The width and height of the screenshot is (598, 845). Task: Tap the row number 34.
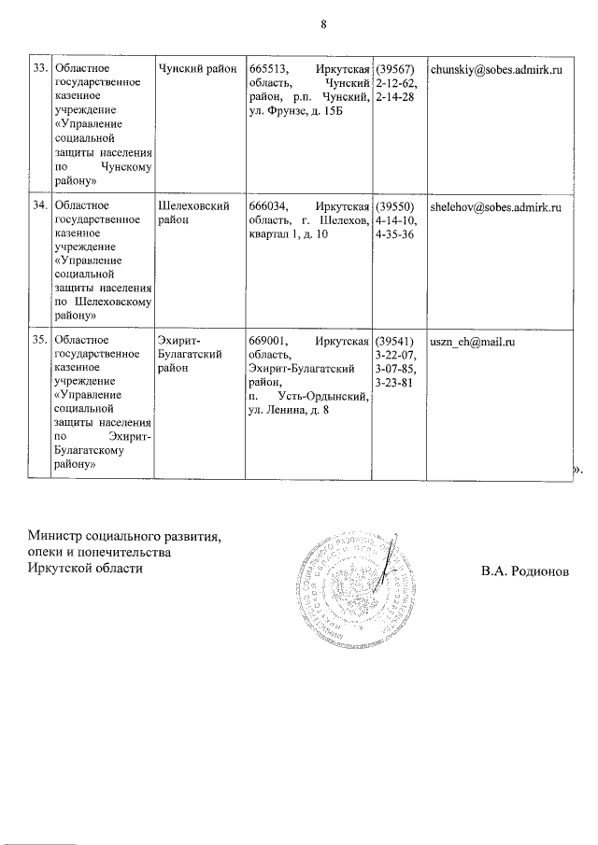(x=40, y=205)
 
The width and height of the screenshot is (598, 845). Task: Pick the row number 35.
(x=40, y=342)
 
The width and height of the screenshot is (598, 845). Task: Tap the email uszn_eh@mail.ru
(x=472, y=342)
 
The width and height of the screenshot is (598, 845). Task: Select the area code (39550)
(x=397, y=205)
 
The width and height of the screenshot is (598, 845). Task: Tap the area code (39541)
(x=397, y=342)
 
